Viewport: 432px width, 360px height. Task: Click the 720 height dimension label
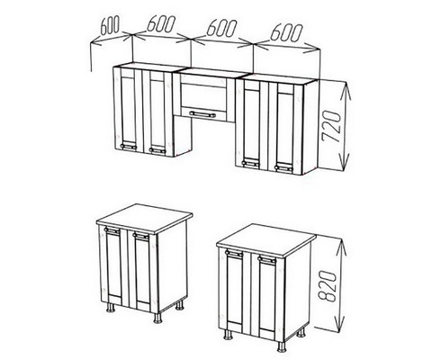pos(332,126)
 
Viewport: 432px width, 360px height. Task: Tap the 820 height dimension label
pos(327,285)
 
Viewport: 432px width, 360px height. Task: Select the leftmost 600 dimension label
pos(110,25)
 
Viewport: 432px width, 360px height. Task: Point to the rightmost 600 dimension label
pos(286,32)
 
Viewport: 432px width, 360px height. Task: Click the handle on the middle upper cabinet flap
pos(202,114)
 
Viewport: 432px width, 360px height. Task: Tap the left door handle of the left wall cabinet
pos(129,147)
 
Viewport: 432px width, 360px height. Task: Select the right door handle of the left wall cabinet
pos(157,150)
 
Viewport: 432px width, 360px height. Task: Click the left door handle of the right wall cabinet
pos(251,163)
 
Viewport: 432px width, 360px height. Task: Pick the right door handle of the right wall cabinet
pos(283,168)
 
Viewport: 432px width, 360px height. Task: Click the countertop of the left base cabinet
pos(144,219)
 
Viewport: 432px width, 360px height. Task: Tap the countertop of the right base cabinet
pos(266,239)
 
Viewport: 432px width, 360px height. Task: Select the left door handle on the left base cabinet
pos(112,230)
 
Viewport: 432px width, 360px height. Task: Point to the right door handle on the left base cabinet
pos(141,236)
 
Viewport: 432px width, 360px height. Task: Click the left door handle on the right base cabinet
pos(234,253)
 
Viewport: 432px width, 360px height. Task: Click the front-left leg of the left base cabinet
pos(111,308)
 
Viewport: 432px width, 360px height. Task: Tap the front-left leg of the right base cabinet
pos(229,335)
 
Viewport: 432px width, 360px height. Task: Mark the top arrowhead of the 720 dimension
pos(346,90)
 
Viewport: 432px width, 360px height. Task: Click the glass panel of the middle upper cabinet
pos(205,96)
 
